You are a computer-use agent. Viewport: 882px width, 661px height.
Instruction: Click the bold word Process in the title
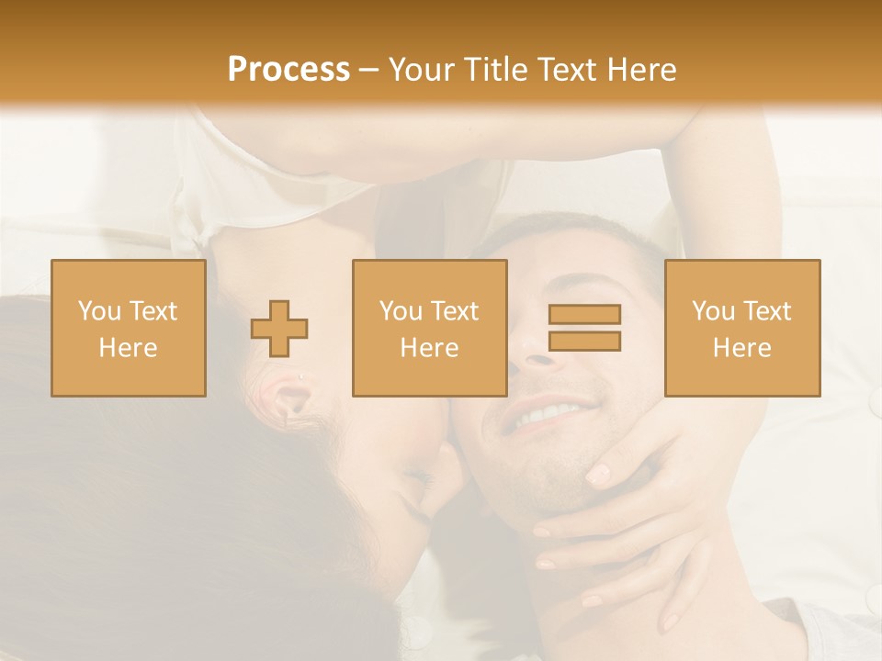pyautogui.click(x=288, y=70)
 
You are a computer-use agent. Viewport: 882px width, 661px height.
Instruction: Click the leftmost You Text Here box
pyautogui.click(x=129, y=329)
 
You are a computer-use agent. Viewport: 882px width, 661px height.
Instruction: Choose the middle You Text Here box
pyautogui.click(x=430, y=329)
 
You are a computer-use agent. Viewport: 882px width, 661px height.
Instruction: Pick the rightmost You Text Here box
pyautogui.click(x=742, y=329)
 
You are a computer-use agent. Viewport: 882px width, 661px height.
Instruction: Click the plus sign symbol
pyautogui.click(x=279, y=329)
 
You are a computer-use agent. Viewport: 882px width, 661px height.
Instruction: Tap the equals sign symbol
pyautogui.click(x=584, y=328)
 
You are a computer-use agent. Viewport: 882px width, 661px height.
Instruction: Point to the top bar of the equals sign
pyautogui.click(x=584, y=315)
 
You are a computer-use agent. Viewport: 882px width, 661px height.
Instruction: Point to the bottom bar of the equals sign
pyautogui.click(x=584, y=342)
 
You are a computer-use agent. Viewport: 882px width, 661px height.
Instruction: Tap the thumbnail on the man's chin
pyautogui.click(x=598, y=475)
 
